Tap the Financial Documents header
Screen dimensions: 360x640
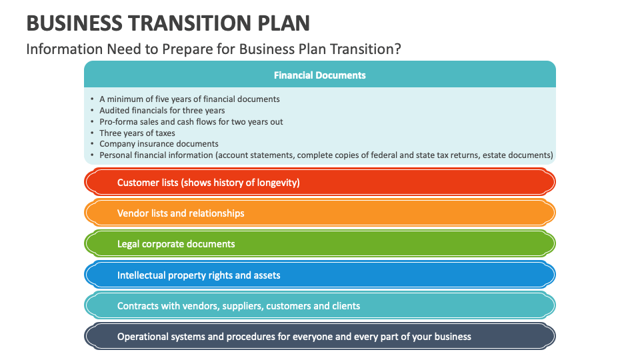(x=319, y=75)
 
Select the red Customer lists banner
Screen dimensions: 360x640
(x=319, y=183)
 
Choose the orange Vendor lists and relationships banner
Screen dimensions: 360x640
(x=319, y=213)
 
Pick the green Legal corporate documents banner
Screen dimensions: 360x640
(x=319, y=244)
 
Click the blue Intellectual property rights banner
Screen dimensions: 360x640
(x=319, y=275)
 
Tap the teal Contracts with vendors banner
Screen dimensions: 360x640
(x=319, y=306)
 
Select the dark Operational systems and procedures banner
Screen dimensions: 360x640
(x=319, y=337)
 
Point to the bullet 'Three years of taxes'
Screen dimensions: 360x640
(x=137, y=133)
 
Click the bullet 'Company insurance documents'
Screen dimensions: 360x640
(x=159, y=144)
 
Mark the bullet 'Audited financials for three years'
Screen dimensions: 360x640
(x=162, y=110)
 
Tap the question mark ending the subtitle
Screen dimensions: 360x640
(x=397, y=49)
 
